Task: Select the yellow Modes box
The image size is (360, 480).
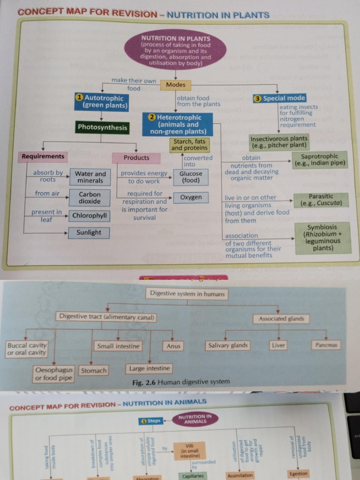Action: [176, 85]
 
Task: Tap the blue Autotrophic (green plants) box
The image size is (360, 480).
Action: [102, 102]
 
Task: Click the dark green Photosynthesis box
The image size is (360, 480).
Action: [102, 127]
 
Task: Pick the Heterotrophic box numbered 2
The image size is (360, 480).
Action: [178, 124]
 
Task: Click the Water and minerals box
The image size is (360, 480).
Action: [90, 177]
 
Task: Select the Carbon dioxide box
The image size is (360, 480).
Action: [90, 197]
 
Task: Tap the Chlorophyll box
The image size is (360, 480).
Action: [90, 216]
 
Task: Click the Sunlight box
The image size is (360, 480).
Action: [89, 232]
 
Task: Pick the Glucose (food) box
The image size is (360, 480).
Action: [191, 177]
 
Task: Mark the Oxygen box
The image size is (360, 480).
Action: [191, 197]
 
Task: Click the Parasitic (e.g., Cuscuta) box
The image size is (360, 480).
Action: [321, 200]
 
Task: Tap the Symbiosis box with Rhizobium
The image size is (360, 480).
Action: [322, 238]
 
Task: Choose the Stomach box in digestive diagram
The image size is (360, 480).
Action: [94, 370]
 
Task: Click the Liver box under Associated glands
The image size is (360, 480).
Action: [278, 345]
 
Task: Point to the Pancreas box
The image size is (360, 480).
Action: [326, 345]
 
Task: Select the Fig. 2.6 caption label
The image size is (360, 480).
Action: [181, 382]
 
